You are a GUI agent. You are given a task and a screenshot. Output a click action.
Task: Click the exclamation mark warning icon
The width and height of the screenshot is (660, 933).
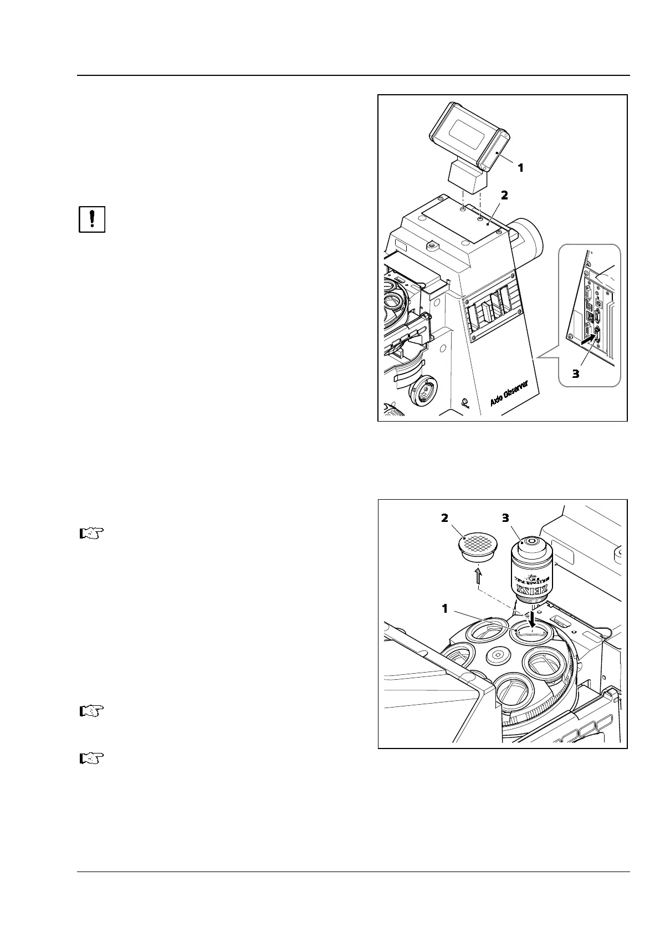pos(92,220)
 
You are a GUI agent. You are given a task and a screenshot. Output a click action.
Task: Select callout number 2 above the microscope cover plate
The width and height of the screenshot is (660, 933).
pos(504,196)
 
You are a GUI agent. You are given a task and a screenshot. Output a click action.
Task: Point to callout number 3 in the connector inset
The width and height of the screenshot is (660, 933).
pos(575,374)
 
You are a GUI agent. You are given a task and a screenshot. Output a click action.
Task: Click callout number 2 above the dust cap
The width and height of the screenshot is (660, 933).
pos(444,519)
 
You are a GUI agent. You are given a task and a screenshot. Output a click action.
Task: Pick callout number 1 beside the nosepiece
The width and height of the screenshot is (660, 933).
pos(444,609)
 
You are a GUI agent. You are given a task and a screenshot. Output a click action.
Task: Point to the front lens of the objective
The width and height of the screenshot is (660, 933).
pos(532,541)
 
